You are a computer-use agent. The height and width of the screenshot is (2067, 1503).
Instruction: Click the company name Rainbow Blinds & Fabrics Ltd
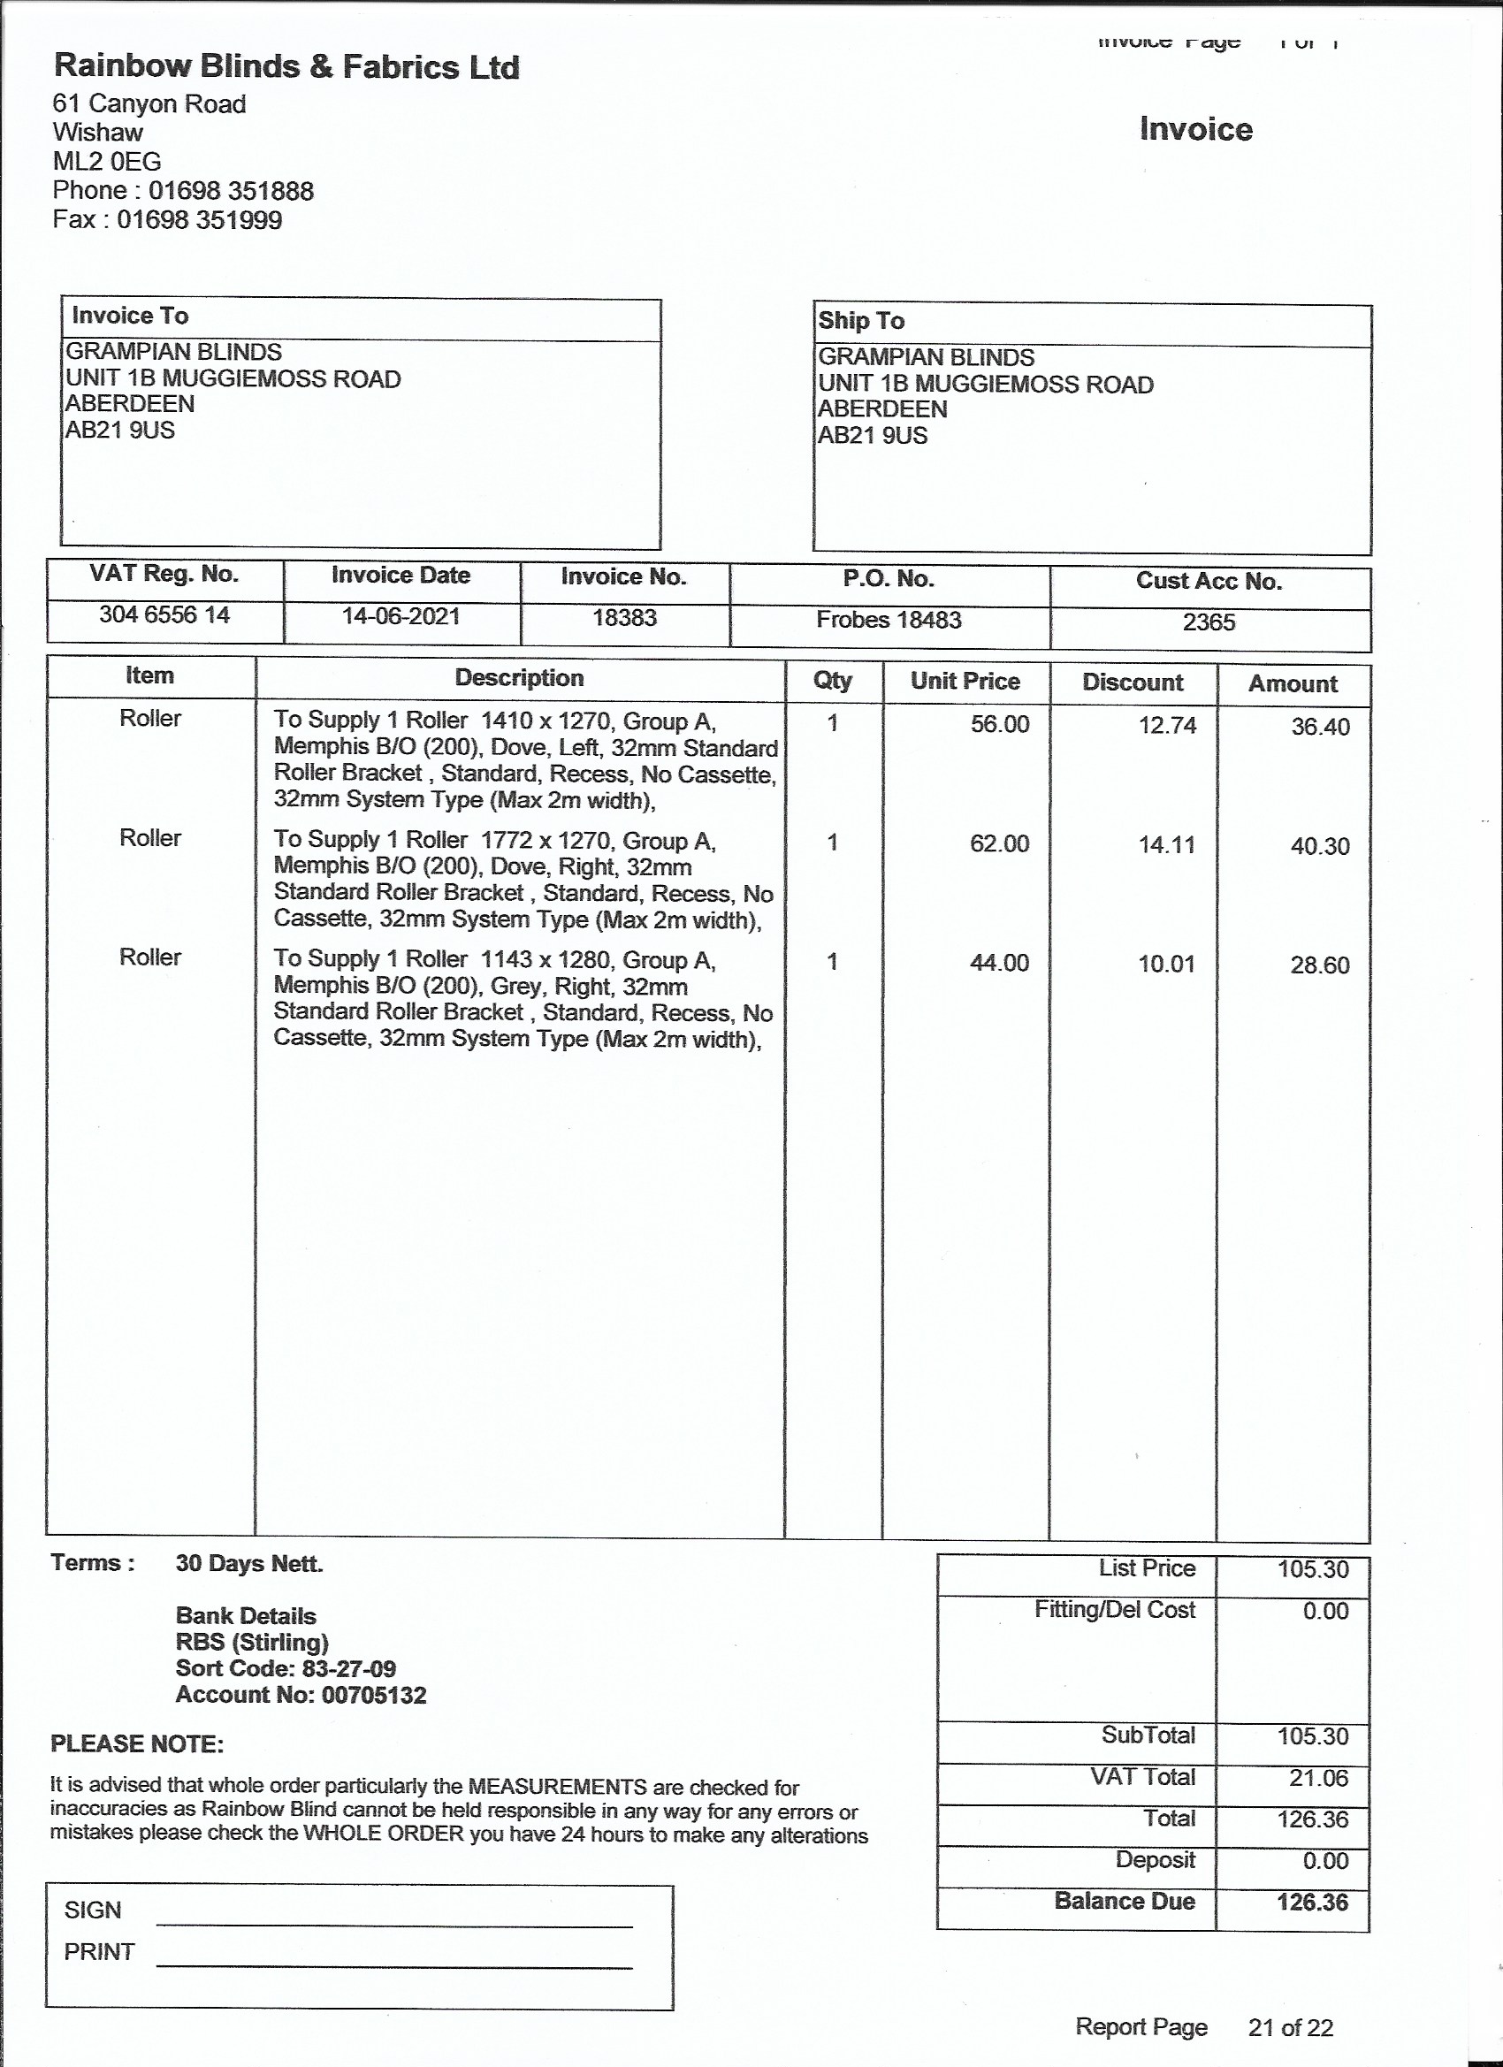[286, 66]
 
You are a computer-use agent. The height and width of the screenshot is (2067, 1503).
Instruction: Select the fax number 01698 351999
[200, 219]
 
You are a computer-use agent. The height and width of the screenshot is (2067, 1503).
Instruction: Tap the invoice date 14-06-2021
[401, 616]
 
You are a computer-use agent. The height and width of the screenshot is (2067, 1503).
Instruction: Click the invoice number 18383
[624, 618]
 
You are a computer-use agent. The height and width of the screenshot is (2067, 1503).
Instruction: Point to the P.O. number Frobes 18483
[889, 620]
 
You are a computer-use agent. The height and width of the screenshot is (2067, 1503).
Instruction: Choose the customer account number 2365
[1209, 622]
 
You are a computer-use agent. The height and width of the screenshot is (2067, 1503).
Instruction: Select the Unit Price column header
[965, 681]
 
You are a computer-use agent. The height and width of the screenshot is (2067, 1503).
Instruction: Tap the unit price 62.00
[999, 843]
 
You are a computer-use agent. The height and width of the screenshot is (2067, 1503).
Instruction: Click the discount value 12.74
[1167, 726]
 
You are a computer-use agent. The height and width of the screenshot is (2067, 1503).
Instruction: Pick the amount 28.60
[1319, 965]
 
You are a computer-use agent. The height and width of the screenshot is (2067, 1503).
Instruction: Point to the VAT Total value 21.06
[1313, 1778]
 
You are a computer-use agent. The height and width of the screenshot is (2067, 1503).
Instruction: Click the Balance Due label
[1124, 1901]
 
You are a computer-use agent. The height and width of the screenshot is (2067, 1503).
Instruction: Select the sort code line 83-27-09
[286, 1669]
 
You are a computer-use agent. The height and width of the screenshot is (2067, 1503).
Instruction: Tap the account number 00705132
[301, 1695]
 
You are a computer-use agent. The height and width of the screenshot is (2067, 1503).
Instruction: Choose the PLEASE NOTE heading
[137, 1744]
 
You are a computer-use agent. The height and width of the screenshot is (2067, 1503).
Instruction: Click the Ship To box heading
[861, 321]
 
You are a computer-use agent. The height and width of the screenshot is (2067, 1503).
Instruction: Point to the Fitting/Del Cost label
[1114, 1611]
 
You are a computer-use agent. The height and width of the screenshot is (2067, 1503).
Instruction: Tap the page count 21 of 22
[1290, 2028]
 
